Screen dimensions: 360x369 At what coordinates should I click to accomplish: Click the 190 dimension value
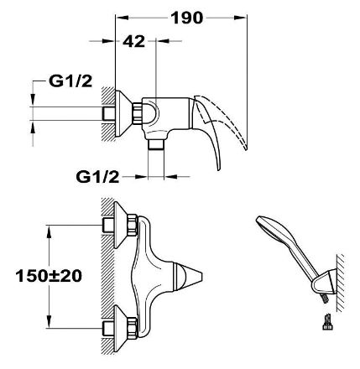click(x=186, y=18)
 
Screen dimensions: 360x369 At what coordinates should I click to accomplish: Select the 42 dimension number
click(x=134, y=42)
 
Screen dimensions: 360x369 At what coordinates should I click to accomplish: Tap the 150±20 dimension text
click(x=49, y=276)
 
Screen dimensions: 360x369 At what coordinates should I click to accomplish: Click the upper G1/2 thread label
click(x=70, y=81)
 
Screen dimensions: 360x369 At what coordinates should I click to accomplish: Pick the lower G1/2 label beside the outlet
click(x=97, y=177)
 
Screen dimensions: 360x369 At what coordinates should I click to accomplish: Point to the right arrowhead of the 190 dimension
click(x=240, y=18)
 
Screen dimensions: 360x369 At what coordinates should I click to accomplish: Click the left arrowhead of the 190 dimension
click(x=122, y=18)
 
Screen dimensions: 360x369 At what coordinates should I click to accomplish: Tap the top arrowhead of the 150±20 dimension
click(x=49, y=231)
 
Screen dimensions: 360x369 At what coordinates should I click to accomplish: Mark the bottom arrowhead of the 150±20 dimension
click(x=49, y=321)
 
